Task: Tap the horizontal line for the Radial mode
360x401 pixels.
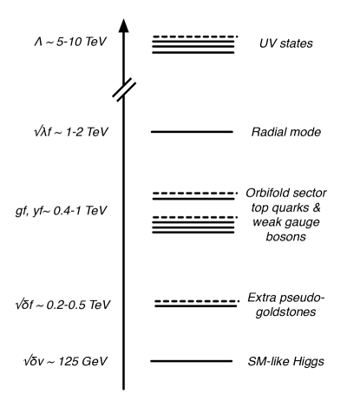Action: click(192, 132)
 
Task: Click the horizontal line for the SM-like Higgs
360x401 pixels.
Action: click(192, 360)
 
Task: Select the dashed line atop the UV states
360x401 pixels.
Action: click(195, 36)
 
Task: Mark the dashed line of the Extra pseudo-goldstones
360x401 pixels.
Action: click(195, 300)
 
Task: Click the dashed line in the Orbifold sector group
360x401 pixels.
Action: click(195, 193)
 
